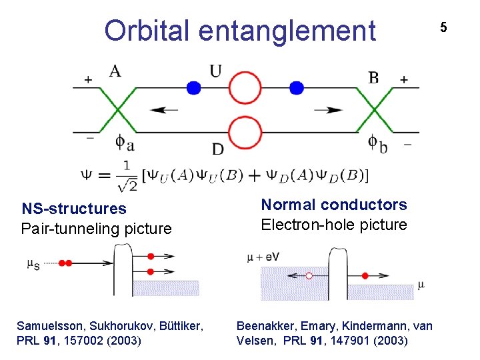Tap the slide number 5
point(443,27)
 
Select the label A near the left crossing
point(115,70)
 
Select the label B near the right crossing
point(373,77)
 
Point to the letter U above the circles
point(215,71)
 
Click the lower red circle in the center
point(245,132)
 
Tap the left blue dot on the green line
point(193,87)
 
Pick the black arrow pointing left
point(163,110)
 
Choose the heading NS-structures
point(73,209)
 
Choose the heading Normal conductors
point(333,205)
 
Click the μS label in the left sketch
point(33,264)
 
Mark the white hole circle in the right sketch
point(309,275)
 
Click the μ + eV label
point(263,256)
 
